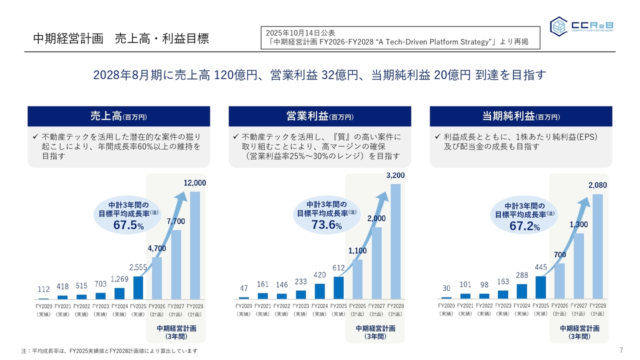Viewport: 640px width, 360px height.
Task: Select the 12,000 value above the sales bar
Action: (x=194, y=183)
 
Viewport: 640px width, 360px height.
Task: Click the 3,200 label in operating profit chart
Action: (x=395, y=175)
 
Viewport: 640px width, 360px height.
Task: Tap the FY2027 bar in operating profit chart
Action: (x=376, y=263)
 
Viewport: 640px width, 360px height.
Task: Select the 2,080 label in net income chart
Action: (x=597, y=185)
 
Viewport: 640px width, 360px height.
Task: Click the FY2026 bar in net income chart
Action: (x=559, y=281)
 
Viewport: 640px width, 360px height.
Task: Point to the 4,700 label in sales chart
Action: (x=156, y=248)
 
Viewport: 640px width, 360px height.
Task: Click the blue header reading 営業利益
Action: (x=319, y=116)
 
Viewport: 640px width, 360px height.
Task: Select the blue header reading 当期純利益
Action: (x=521, y=116)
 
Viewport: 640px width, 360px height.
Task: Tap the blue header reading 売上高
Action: (x=118, y=116)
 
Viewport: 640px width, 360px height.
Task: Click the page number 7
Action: (x=621, y=349)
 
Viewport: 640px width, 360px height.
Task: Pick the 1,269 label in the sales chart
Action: (x=119, y=279)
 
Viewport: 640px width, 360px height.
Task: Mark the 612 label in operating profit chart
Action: (x=338, y=268)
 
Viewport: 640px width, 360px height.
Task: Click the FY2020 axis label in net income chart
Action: (x=446, y=305)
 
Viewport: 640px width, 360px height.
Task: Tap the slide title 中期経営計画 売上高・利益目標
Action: (x=120, y=38)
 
